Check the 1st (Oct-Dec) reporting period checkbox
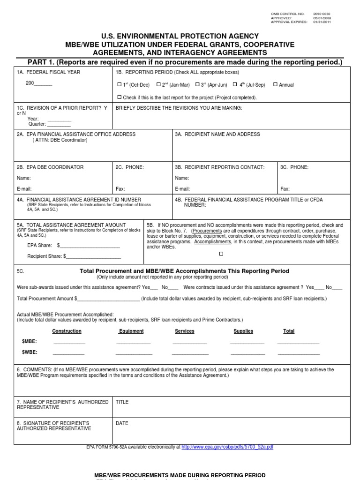click(119, 85)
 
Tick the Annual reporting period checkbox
click(275, 85)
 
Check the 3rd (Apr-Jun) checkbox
click(197, 85)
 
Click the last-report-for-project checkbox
click(119, 97)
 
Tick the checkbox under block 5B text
click(221, 254)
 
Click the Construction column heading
click(67, 331)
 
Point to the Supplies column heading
click(243, 331)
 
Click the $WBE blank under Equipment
click(133, 354)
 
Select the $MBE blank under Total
click(298, 343)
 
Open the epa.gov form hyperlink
click(227, 447)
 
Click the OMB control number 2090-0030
click(322, 14)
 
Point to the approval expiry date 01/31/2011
click(322, 22)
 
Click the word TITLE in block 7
click(122, 402)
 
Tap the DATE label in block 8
click(122, 423)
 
